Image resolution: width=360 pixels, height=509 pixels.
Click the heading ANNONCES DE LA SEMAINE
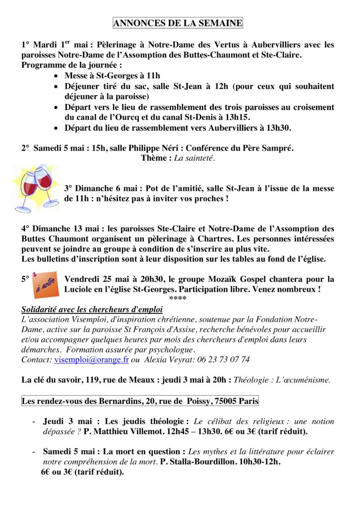point(178,23)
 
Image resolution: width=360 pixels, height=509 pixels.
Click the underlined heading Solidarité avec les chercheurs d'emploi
point(92,309)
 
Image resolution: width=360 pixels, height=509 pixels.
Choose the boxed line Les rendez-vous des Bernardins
point(140,401)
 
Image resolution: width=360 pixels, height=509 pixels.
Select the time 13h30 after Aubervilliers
point(276,128)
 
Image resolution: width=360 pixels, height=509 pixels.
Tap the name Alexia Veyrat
point(168,359)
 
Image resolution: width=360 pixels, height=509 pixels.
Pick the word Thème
point(154,158)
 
